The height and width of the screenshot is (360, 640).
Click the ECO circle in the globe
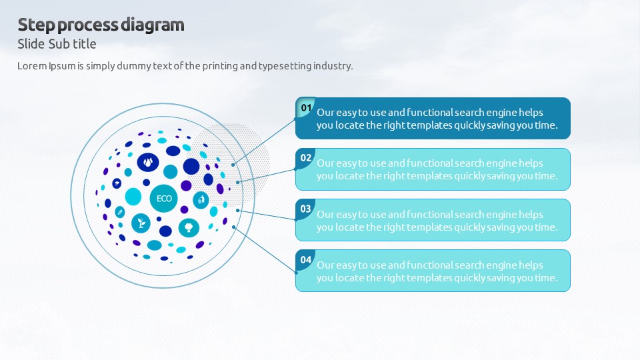(x=164, y=199)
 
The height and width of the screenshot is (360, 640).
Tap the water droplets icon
(x=148, y=162)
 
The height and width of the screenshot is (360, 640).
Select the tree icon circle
(x=189, y=227)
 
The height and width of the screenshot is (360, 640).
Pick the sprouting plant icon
(x=141, y=223)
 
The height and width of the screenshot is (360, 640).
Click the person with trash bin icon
(x=201, y=200)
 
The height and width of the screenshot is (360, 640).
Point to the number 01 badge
(x=306, y=108)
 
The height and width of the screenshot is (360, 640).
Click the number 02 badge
(x=306, y=159)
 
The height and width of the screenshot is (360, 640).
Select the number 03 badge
(x=306, y=209)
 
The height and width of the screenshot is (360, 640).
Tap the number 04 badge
(x=306, y=260)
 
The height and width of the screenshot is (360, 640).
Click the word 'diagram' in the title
(x=153, y=25)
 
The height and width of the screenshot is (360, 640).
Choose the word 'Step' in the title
(x=36, y=25)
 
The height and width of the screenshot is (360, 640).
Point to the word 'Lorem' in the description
(x=32, y=66)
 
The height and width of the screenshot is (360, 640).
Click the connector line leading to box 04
(x=265, y=250)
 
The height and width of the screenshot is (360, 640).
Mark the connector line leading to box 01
(x=264, y=142)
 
